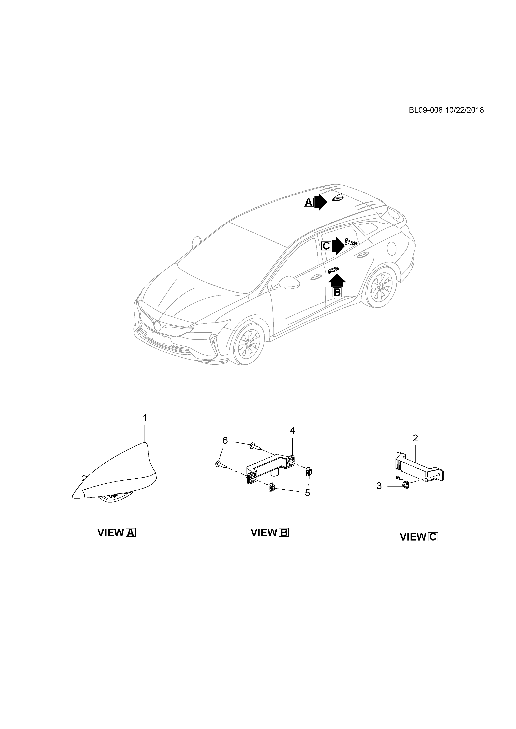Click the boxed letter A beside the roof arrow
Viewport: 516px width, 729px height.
point(308,202)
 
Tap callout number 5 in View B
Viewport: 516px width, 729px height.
point(307,493)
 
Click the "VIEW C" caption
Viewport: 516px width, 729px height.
point(419,537)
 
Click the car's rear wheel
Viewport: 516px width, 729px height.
point(381,288)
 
